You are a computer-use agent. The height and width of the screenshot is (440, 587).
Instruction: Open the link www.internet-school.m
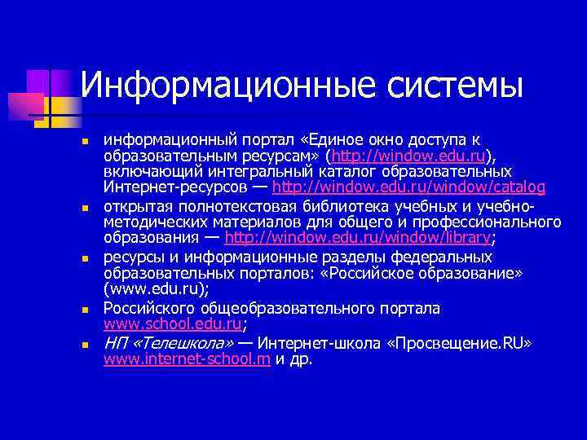(x=188, y=359)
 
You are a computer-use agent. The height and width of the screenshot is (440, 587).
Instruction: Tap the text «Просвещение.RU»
(x=464, y=344)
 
